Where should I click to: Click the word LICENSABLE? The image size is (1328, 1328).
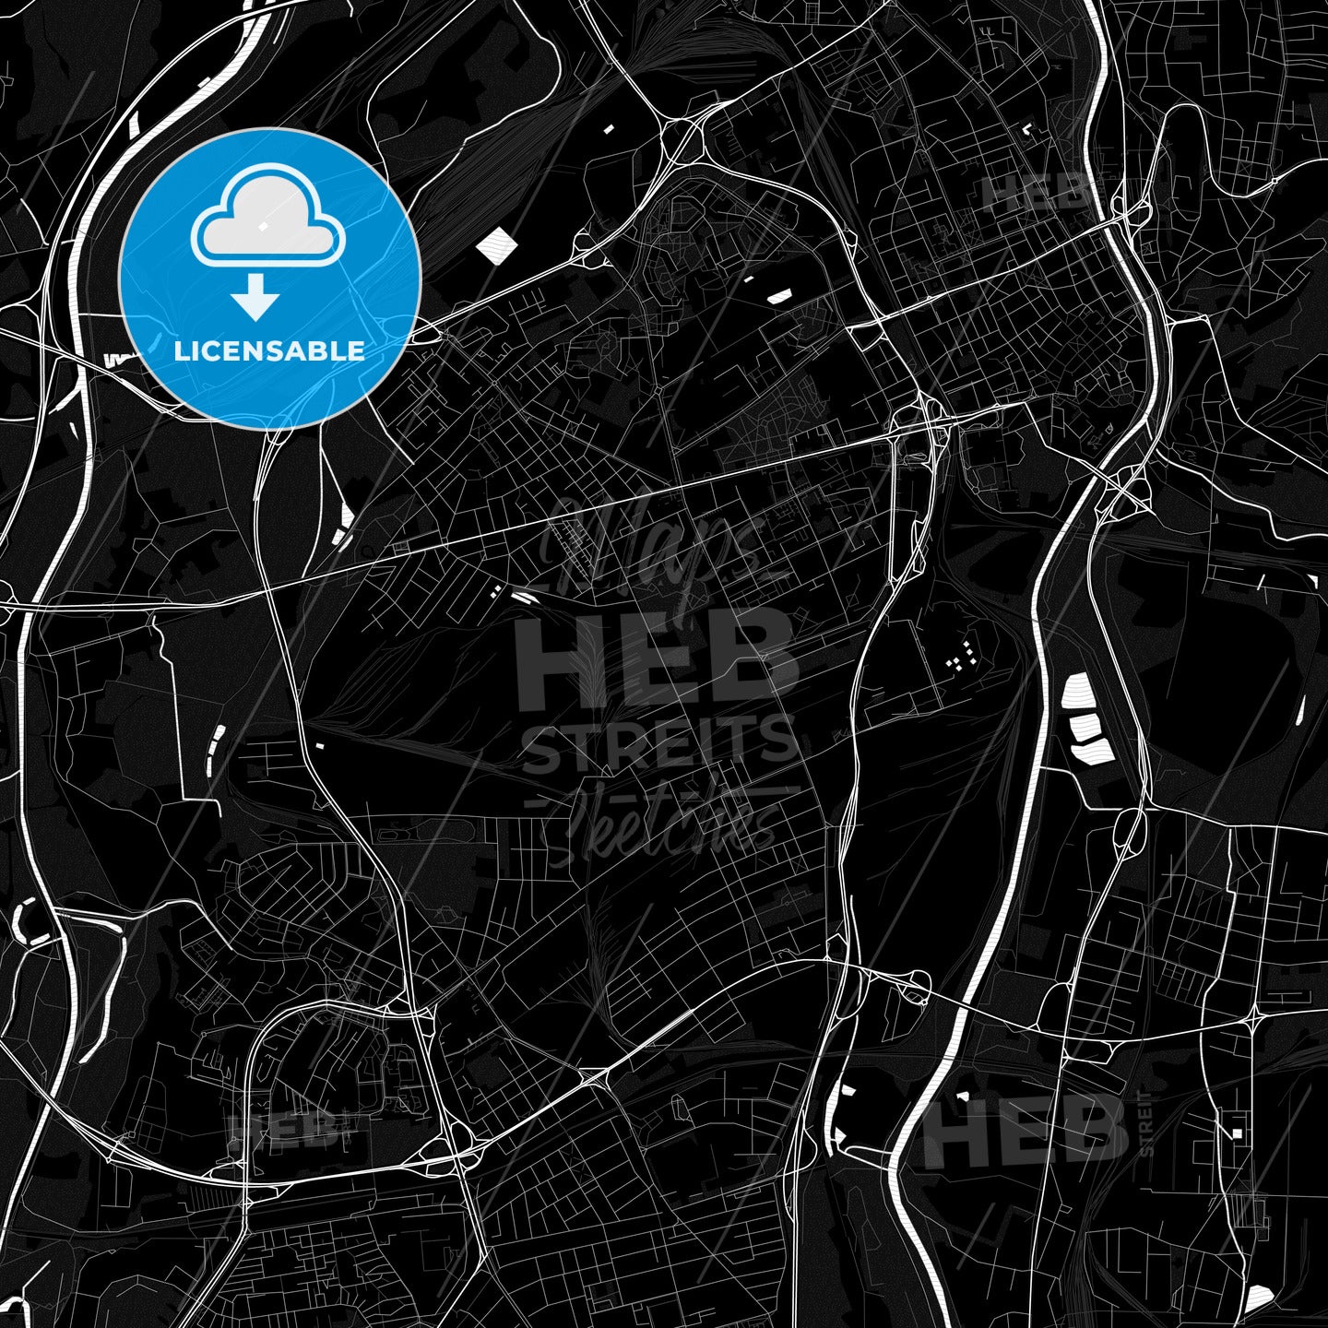point(269,351)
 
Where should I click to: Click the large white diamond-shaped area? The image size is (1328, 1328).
point(497,245)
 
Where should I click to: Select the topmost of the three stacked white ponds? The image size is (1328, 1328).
point(1076,690)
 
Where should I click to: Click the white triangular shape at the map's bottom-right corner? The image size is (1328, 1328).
point(1260,1299)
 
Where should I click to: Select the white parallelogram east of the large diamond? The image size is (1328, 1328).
point(779,296)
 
